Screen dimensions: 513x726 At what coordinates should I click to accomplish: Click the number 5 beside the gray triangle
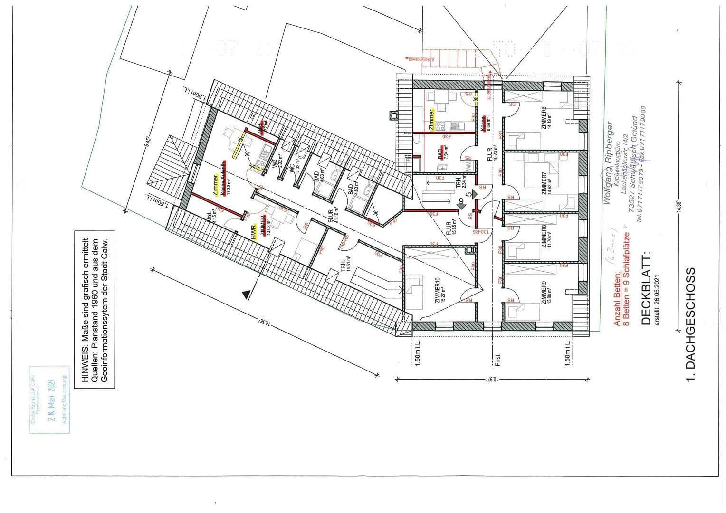468,194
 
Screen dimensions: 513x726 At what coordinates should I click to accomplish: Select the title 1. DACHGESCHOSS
691,325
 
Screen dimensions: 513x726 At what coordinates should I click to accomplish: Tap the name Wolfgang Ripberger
607,164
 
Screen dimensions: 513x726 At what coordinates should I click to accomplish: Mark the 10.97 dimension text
495,379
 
